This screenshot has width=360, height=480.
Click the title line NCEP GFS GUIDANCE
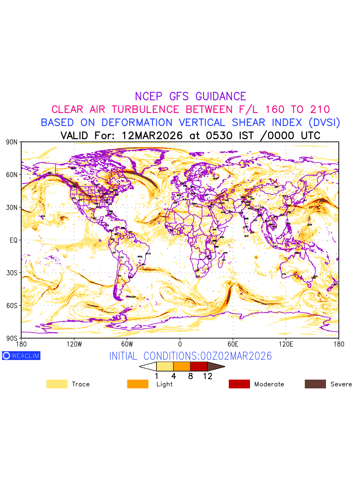click(x=190, y=96)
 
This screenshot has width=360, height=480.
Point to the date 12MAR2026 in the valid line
click(x=152, y=136)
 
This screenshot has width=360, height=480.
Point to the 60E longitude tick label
click(x=233, y=344)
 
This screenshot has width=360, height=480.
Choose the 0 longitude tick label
click(x=180, y=344)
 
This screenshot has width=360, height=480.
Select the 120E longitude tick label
click(x=286, y=344)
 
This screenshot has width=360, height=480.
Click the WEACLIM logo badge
click(x=21, y=356)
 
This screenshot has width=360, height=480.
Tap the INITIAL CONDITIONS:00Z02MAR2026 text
click(x=190, y=356)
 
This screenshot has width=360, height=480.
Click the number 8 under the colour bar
click(x=190, y=376)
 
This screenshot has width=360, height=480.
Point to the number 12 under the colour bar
click(x=207, y=376)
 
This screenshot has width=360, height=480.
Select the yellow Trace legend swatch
click(x=57, y=384)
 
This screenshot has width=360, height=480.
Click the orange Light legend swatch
click(x=138, y=384)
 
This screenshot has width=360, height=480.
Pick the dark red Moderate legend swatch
click(x=239, y=384)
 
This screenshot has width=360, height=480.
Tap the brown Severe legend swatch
click(x=315, y=384)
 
